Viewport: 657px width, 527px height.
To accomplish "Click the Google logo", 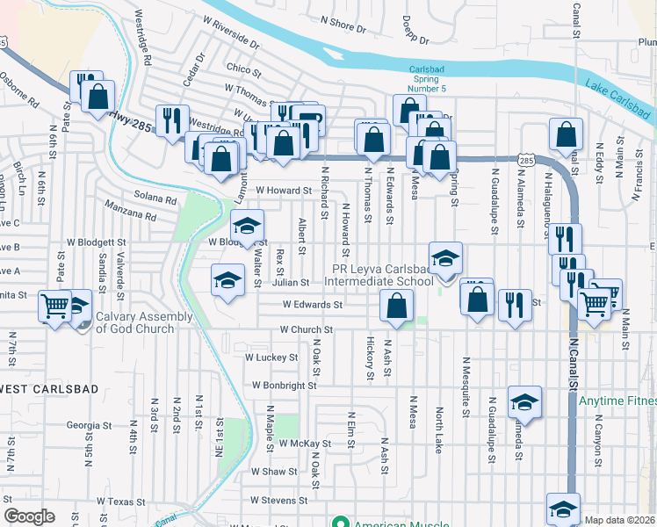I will (x=29, y=516).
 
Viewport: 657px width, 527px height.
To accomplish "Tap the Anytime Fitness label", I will (x=617, y=402).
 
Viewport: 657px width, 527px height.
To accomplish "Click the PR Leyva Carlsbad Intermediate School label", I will (x=381, y=275).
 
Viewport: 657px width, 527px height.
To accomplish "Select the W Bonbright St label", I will (x=284, y=386).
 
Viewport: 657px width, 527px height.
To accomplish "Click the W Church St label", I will (x=306, y=329).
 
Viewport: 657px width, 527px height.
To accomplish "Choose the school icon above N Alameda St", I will (x=525, y=402).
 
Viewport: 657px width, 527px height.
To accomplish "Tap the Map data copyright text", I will (x=620, y=520).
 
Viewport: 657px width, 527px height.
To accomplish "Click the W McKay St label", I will (x=306, y=444).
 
